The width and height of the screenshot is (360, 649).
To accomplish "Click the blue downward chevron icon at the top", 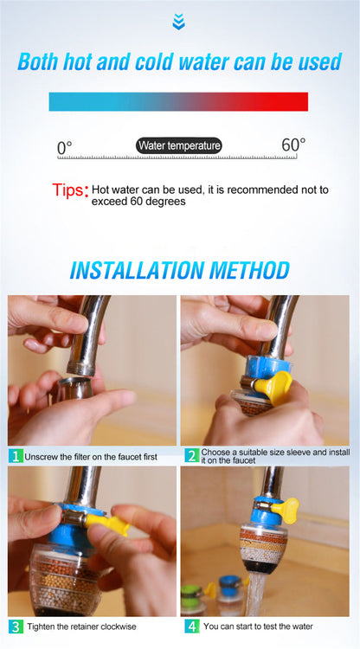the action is (179, 22).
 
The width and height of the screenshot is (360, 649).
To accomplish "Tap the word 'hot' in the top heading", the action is (77, 61).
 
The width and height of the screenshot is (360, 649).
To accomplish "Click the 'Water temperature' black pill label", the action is (179, 145).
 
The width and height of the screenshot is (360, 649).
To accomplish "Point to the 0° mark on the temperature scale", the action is (65, 148).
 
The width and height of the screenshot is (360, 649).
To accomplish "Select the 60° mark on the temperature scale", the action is (293, 145).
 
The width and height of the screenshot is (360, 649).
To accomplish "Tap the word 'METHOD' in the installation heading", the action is (249, 270).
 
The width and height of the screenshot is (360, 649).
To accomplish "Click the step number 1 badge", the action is (16, 457).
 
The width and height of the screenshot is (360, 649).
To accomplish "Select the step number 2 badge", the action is (192, 456).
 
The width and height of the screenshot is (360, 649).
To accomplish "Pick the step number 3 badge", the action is (16, 627).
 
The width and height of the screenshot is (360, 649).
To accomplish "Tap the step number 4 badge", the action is (192, 627).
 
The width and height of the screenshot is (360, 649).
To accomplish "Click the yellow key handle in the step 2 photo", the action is (273, 388).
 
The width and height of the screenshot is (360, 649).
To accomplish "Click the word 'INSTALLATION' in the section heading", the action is (137, 270).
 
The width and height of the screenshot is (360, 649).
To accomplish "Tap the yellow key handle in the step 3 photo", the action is (106, 524).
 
